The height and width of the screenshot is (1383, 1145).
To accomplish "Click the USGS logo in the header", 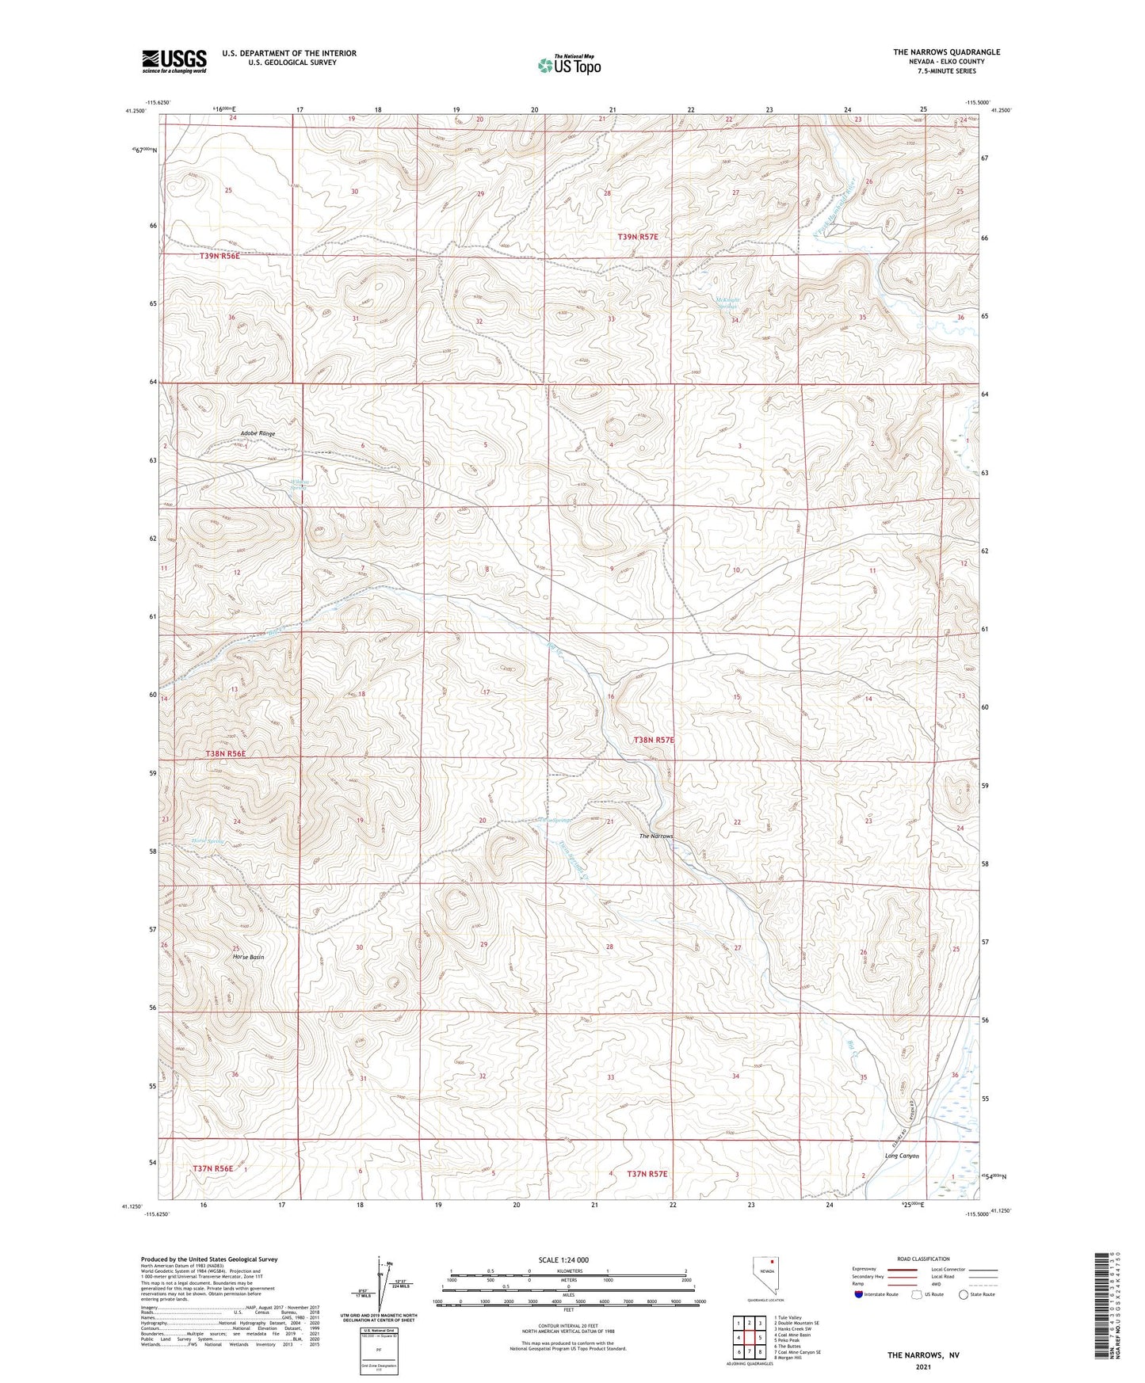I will tap(174, 61).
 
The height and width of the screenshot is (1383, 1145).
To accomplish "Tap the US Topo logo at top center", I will tap(568, 65).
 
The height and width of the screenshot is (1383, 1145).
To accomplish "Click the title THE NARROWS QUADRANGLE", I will tap(946, 52).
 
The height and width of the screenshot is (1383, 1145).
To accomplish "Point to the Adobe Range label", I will tap(258, 434).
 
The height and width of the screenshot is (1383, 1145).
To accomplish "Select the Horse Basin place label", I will tap(248, 957).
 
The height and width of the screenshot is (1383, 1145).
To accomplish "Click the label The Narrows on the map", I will tap(656, 836).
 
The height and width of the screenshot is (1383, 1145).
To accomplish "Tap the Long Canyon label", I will tap(902, 1156).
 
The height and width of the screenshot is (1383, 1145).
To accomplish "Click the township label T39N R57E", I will tap(638, 237).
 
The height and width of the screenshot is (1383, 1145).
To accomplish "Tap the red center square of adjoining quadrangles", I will tap(749, 1338).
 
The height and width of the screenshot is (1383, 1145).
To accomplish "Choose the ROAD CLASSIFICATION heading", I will tap(924, 1259).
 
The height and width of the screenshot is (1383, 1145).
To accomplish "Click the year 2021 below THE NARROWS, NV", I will tap(922, 1367).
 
